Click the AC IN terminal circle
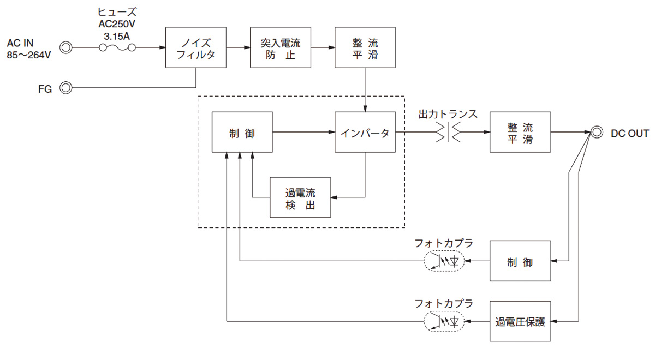[66, 47]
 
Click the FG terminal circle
[66, 88]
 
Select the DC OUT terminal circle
[596, 133]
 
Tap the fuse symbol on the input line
[117, 47]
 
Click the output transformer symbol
[448, 133]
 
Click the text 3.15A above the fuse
[117, 37]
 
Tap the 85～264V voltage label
[28, 55]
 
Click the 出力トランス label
[448, 114]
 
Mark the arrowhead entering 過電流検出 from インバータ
[334, 197]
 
